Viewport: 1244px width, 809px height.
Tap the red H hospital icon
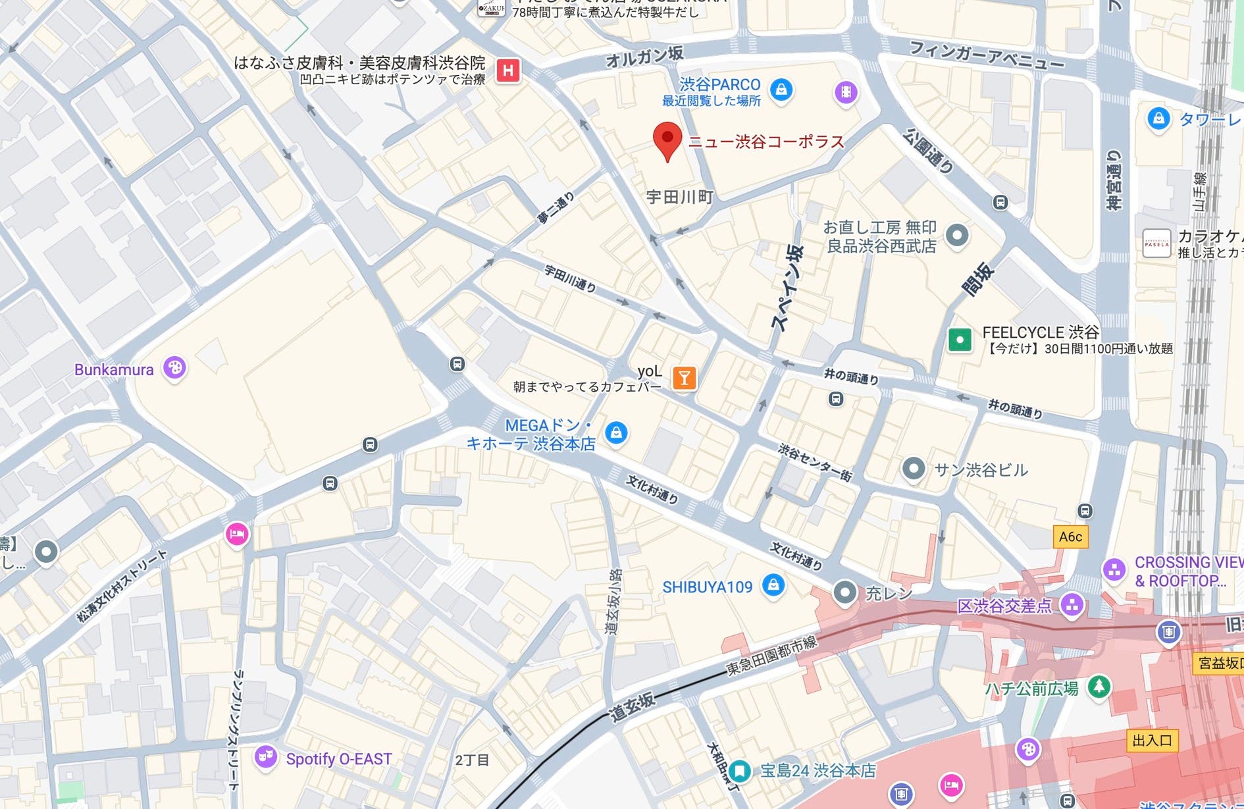tap(508, 70)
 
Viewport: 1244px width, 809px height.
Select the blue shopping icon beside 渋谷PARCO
tap(781, 89)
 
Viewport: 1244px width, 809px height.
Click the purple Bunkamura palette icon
tap(174, 368)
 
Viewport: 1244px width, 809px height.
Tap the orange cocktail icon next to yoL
tap(685, 378)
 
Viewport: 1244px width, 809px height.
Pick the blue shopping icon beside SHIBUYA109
tap(773, 585)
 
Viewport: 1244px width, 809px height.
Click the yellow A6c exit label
tap(1070, 536)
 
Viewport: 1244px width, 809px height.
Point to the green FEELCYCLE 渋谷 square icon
tap(960, 340)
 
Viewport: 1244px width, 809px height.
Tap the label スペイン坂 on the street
tap(788, 288)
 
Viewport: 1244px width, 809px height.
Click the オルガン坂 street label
tap(644, 57)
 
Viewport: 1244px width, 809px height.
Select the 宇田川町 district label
tap(679, 197)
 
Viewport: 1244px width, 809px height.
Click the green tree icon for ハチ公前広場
tap(1098, 687)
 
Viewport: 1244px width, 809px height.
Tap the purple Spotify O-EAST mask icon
tap(265, 757)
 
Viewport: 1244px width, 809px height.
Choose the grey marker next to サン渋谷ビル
tap(913, 469)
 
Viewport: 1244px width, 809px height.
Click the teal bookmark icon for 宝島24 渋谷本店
tap(740, 770)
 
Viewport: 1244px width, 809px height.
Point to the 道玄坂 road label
tap(632, 707)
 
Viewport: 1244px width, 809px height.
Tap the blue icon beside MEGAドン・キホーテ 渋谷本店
tap(616, 432)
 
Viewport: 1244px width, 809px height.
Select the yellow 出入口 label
tap(1152, 740)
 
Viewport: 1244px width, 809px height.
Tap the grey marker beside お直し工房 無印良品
tap(956, 235)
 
